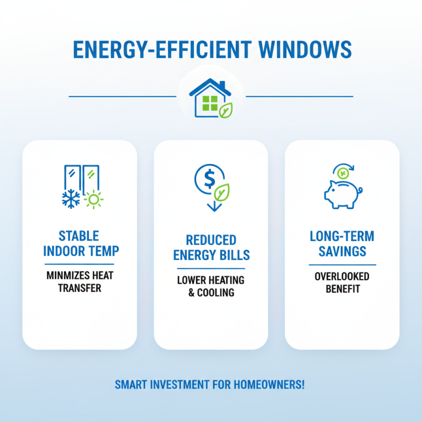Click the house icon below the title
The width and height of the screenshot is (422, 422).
pyautogui.click(x=210, y=98)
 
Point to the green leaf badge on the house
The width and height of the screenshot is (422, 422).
pyautogui.click(x=226, y=110)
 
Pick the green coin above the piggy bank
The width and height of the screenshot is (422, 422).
pyautogui.click(x=343, y=172)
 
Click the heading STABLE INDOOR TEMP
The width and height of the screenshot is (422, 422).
pyautogui.click(x=80, y=243)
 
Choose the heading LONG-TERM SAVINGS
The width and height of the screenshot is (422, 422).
pyautogui.click(x=342, y=243)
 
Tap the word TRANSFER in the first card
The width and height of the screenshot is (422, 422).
pyautogui.click(x=80, y=288)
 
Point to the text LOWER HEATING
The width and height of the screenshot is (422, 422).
pyautogui.click(x=211, y=280)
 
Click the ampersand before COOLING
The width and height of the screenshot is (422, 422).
pyautogui.click(x=191, y=293)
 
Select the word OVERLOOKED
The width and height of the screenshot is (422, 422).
pyautogui.click(x=342, y=276)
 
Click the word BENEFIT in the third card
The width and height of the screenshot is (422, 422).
pyautogui.click(x=342, y=289)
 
